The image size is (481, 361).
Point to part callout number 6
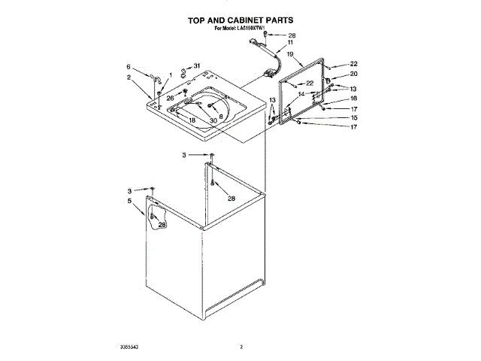129,66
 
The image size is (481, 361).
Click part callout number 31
198,67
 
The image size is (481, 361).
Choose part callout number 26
170,99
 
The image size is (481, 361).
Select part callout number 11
290,44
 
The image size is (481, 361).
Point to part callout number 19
289,55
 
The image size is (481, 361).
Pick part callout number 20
354,74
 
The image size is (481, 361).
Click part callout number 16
353,99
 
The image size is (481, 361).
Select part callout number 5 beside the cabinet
129,202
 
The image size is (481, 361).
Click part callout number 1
171,74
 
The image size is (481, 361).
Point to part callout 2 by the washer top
129,77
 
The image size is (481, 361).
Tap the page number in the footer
241,347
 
